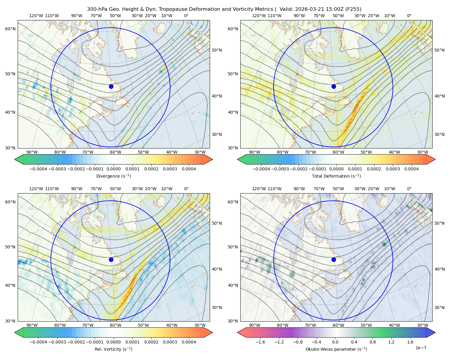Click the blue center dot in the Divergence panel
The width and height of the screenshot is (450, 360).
tap(111, 86)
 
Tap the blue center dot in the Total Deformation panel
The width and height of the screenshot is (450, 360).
tap(334, 86)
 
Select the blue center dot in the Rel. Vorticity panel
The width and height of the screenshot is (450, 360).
tap(111, 259)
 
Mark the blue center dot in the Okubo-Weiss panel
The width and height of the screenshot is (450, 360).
tap(334, 259)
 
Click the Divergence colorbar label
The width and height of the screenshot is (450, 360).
tap(113, 176)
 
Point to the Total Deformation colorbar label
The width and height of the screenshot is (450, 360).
tap(336, 176)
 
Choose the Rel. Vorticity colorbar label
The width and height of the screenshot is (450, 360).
tap(113, 349)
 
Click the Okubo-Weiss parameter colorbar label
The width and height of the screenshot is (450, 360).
tap(336, 349)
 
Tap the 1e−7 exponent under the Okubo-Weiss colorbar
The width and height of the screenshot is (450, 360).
tap(421, 348)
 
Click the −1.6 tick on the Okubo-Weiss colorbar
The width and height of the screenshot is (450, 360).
tap(260, 342)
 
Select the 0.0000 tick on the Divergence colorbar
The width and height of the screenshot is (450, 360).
tap(113, 169)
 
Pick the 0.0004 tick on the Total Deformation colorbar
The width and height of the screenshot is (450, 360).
tap(412, 169)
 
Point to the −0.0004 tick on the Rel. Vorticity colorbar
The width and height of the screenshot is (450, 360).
tap(38, 342)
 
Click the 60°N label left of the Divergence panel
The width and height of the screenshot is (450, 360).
tap(10, 29)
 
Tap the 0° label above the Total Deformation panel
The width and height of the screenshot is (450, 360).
tap(409, 16)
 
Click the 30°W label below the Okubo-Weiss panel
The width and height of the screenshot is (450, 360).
tap(422, 325)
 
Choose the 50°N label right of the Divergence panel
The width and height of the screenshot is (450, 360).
tap(217, 50)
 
